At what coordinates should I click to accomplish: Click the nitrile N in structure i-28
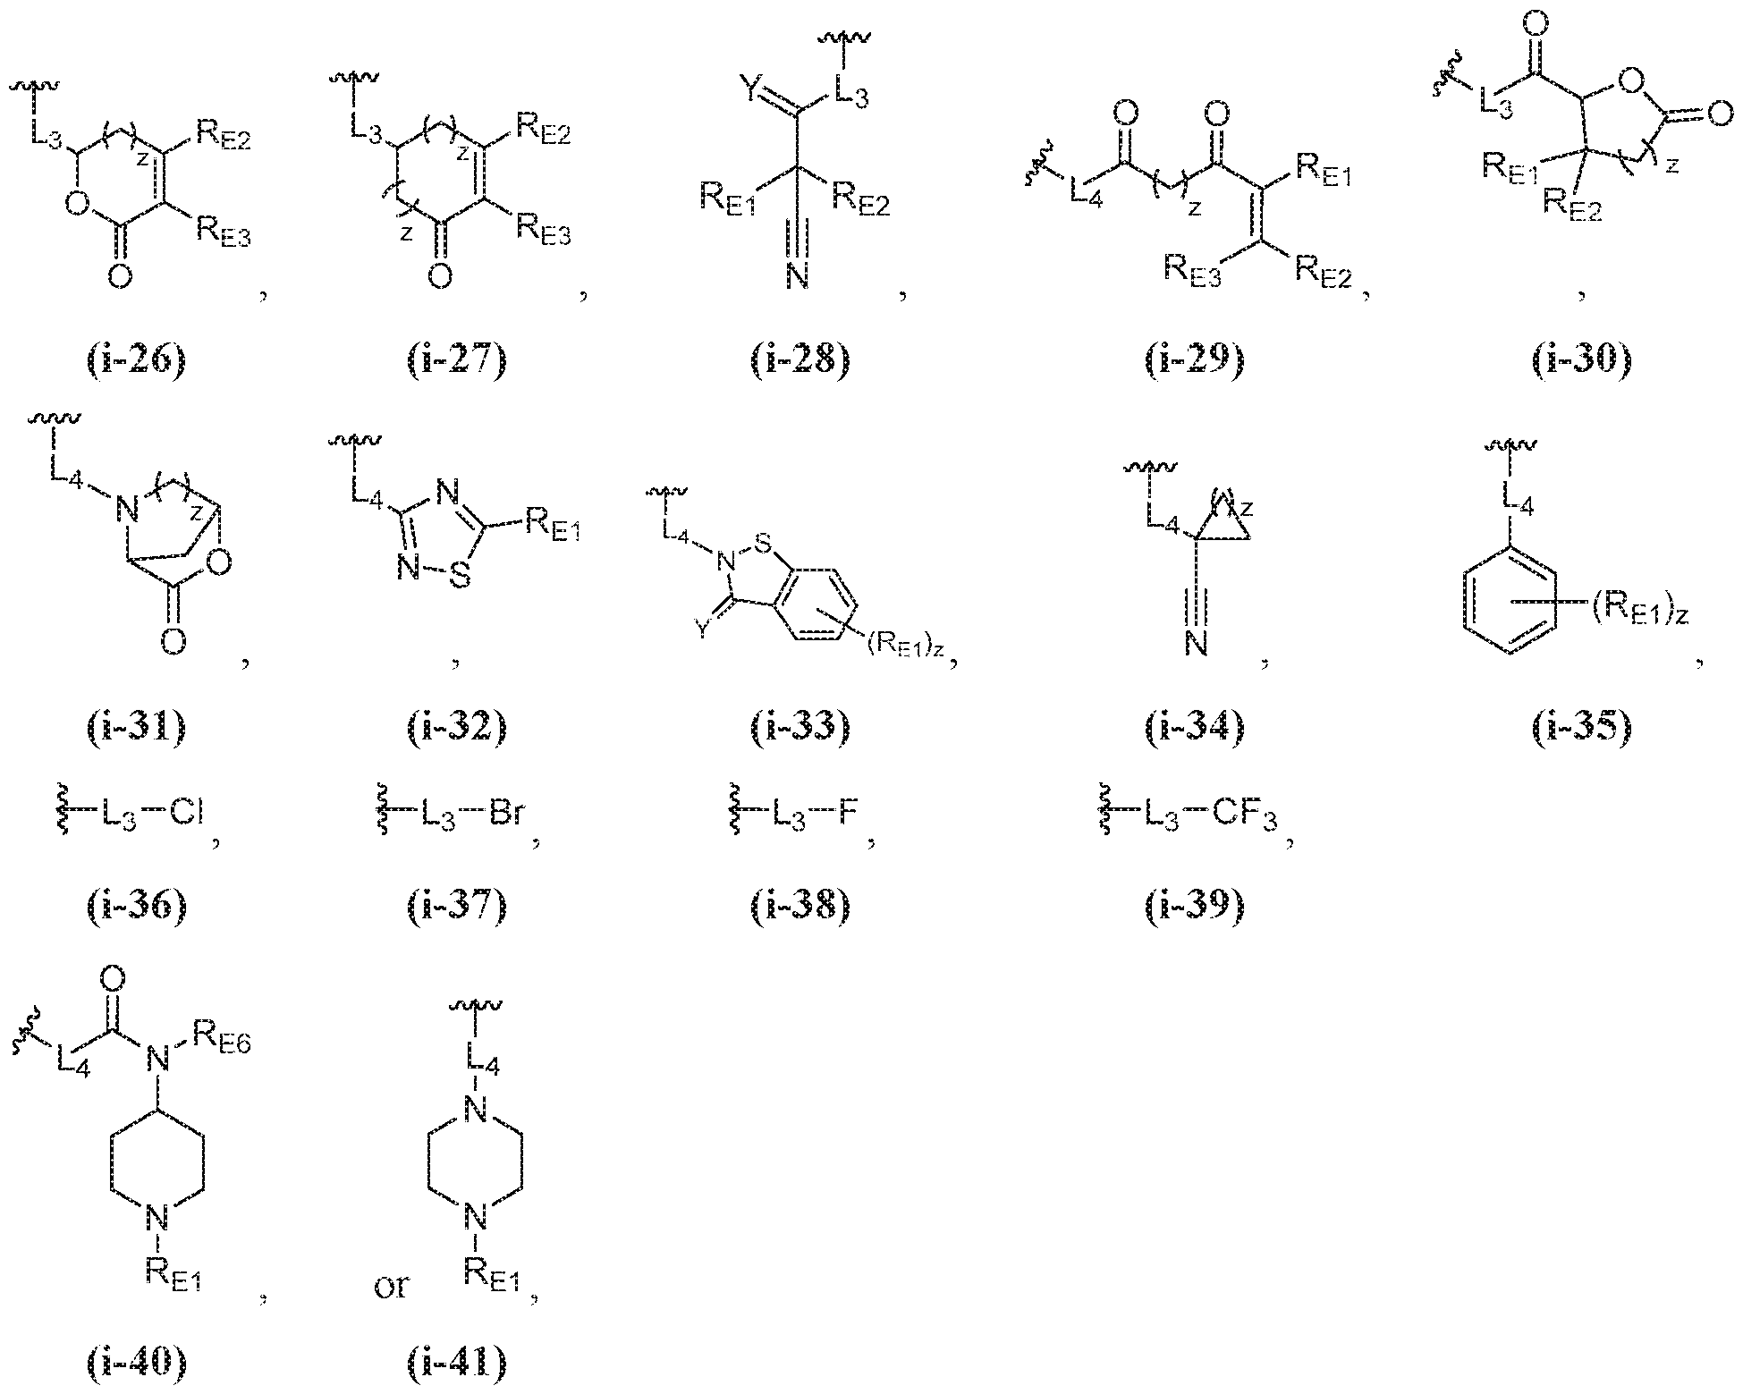[798, 276]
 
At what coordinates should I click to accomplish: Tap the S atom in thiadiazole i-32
[459, 577]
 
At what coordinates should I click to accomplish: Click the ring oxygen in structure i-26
[79, 208]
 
